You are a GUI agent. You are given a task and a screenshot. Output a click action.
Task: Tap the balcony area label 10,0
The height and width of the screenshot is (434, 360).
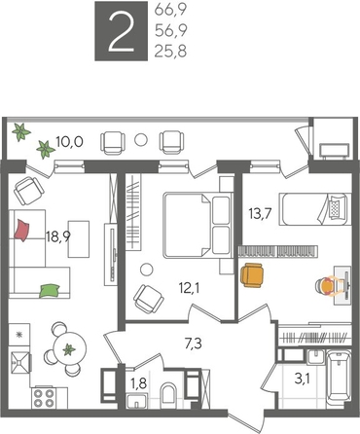point(68,142)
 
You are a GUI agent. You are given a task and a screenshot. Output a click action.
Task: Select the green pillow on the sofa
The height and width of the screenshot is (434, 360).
point(51,288)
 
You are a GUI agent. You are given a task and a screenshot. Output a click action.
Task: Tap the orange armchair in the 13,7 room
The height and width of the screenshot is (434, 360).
point(253,276)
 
